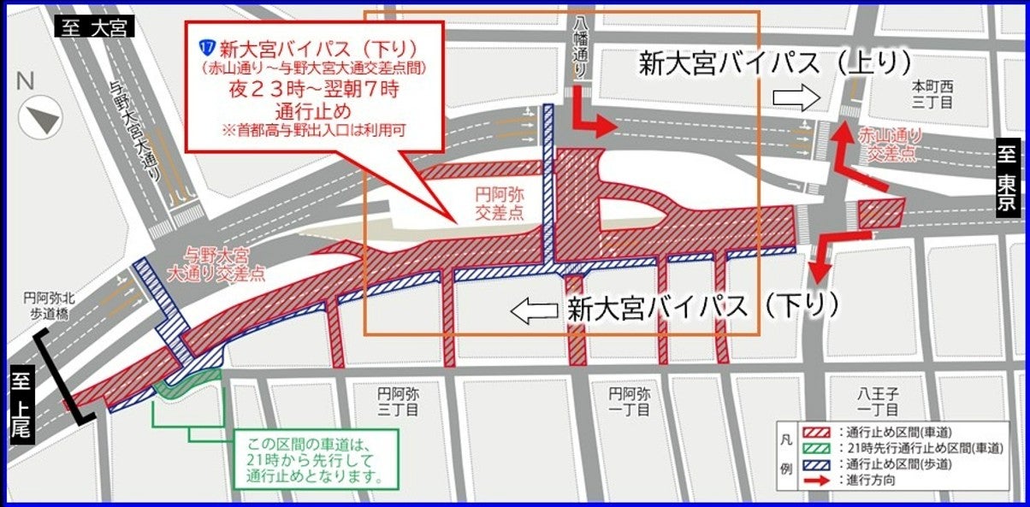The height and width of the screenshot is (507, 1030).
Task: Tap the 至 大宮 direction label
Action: [x=94, y=27]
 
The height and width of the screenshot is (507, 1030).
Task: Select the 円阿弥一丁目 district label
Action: [x=629, y=403]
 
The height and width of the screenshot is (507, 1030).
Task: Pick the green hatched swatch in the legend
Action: [x=818, y=449]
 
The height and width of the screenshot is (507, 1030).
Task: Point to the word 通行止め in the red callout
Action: [x=313, y=111]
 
